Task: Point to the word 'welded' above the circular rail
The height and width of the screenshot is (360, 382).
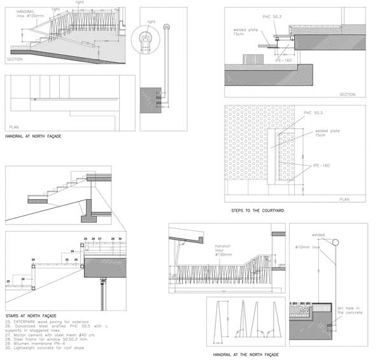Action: click(x=319, y=234)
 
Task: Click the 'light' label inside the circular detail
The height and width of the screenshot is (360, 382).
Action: click(x=151, y=22)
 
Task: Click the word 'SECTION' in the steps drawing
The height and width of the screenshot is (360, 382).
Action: click(x=347, y=94)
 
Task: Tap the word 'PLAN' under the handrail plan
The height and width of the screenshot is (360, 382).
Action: click(x=14, y=127)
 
